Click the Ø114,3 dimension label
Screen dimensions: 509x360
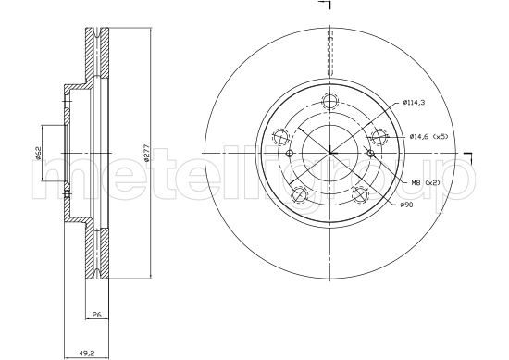pyautogui.click(x=414, y=103)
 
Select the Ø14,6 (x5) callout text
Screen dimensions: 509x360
pyautogui.click(x=428, y=137)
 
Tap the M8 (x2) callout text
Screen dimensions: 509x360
pyautogui.click(x=426, y=183)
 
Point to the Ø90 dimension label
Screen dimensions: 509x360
pyautogui.click(x=406, y=205)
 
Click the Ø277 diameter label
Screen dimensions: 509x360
pyautogui.click(x=146, y=153)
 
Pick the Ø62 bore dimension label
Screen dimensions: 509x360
pyautogui.click(x=37, y=154)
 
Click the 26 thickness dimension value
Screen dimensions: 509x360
pyautogui.click(x=97, y=315)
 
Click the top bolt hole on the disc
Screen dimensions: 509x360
pyautogui.click(x=329, y=101)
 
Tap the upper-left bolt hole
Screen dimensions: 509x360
pyautogui.click(x=280, y=137)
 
